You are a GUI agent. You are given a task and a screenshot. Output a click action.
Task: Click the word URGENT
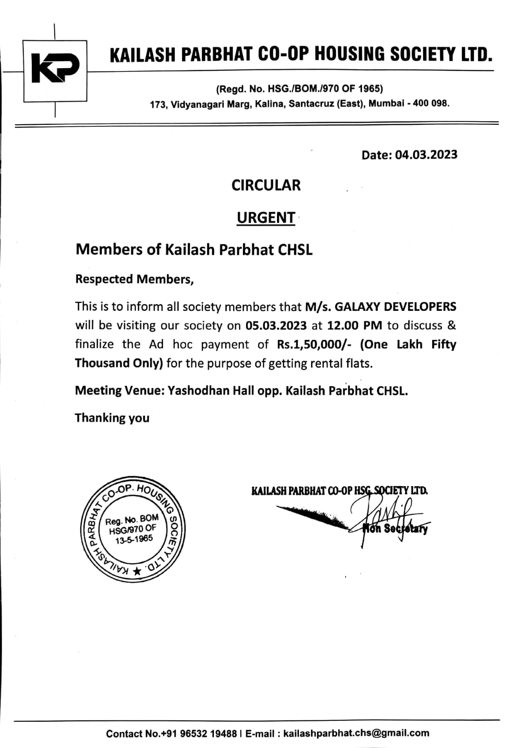pyautogui.click(x=266, y=217)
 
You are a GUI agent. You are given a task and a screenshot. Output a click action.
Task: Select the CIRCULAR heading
pyautogui.click(x=266, y=185)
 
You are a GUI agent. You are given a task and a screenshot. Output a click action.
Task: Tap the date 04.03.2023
pyautogui.click(x=426, y=155)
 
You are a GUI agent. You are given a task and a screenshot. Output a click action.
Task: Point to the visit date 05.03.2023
pyautogui.click(x=276, y=325)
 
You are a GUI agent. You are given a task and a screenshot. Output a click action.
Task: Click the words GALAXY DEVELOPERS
pyautogui.click(x=396, y=307)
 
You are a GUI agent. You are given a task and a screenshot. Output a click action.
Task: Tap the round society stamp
pyautogui.click(x=133, y=530)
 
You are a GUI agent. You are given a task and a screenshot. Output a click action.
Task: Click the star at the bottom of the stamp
pyautogui.click(x=137, y=571)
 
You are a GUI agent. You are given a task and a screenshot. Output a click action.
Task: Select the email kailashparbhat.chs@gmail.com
pyautogui.click(x=356, y=733)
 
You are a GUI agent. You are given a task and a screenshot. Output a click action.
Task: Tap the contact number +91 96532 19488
pyautogui.click(x=199, y=734)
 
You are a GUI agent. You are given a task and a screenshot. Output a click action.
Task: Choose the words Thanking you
pyautogui.click(x=112, y=417)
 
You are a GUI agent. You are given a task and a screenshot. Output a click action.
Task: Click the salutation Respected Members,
pyautogui.click(x=135, y=279)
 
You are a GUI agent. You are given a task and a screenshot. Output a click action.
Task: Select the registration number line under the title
pyautogui.click(x=299, y=88)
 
